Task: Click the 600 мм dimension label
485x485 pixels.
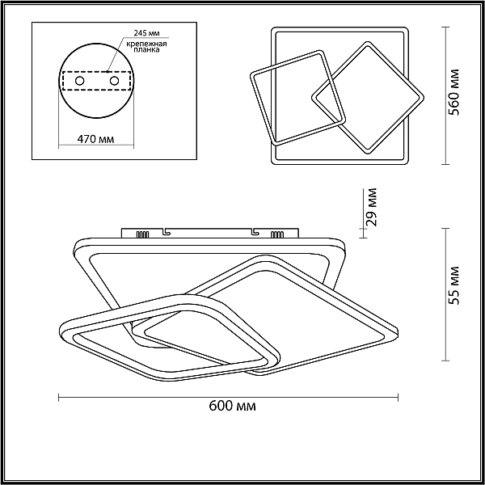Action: pyautogui.click(x=232, y=406)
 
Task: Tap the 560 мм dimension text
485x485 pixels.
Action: pyautogui.click(x=453, y=92)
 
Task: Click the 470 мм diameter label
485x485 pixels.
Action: pyautogui.click(x=95, y=139)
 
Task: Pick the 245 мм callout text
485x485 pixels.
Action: pyautogui.click(x=147, y=33)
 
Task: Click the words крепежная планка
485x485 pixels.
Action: pyautogui.click(x=146, y=46)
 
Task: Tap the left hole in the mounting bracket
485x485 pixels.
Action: pyautogui.click(x=79, y=81)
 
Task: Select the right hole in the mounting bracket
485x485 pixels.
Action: pyautogui.click(x=114, y=81)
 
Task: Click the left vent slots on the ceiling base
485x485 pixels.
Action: pyautogui.click(x=142, y=234)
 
